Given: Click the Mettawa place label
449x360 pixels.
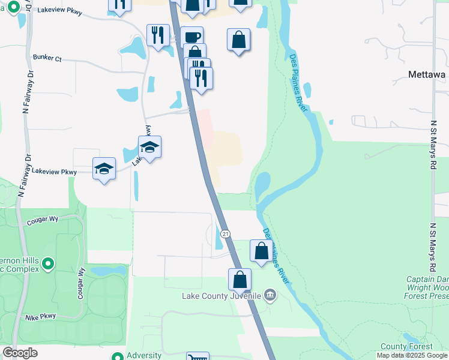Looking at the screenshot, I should tap(427, 74).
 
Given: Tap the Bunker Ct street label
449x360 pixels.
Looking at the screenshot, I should tap(47, 59).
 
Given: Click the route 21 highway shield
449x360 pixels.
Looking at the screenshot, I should tap(225, 233).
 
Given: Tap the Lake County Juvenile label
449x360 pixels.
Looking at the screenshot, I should tap(222, 296).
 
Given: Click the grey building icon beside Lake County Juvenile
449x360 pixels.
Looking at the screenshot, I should tap(270, 295).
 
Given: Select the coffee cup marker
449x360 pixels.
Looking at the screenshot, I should tap(192, 37).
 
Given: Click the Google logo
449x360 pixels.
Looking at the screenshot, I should tap(20, 353).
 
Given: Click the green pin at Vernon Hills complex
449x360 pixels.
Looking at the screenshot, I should tap(49, 263).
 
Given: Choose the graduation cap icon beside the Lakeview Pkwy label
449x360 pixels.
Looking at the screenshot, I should tap(104, 169).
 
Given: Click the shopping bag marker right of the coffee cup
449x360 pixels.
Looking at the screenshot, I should tap(238, 40).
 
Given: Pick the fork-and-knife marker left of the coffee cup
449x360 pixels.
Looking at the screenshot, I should tap(158, 34).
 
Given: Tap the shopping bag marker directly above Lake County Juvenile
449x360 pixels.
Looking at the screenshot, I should tap(239, 279).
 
